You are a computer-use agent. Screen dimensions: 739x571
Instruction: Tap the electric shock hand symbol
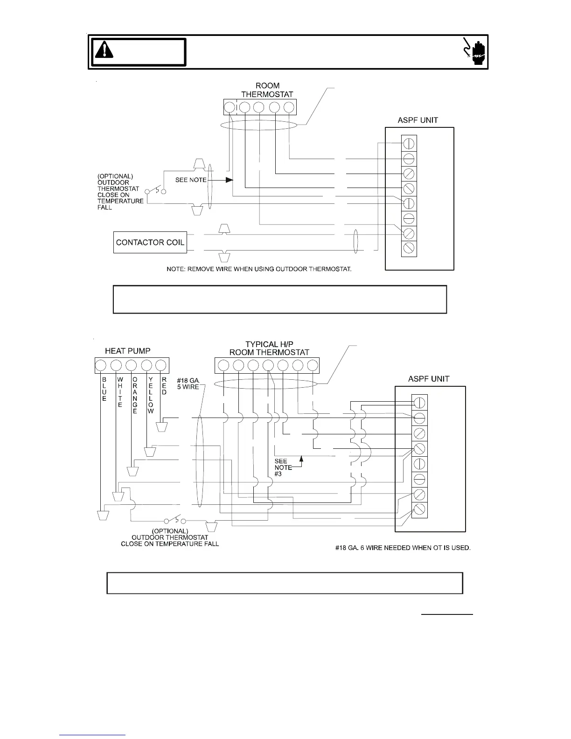coord(474,51)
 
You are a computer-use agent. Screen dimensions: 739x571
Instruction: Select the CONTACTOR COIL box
coord(150,242)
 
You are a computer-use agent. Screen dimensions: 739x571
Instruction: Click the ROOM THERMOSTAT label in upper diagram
coord(267,90)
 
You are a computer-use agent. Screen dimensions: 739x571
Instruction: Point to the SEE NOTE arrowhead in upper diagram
coord(229,180)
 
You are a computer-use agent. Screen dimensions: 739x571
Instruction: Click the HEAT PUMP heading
coord(127,351)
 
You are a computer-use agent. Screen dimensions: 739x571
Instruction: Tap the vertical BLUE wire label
coord(104,390)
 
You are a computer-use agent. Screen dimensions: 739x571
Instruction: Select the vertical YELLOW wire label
coord(150,396)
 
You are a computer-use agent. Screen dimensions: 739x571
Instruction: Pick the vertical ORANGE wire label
coord(135,396)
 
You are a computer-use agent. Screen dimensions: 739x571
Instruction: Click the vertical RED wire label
coord(164,386)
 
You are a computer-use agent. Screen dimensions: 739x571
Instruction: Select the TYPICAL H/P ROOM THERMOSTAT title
coord(269,349)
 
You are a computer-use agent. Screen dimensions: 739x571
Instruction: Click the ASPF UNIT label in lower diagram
coord(429,379)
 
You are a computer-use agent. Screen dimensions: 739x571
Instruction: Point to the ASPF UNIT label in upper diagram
coord(418,120)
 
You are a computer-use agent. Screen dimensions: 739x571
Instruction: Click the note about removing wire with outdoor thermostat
coord(265,269)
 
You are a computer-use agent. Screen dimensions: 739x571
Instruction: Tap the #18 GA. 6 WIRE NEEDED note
coord(403,548)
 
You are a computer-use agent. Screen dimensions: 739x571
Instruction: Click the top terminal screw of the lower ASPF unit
coord(419,402)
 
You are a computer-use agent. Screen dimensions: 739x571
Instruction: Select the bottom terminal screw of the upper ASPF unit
coord(409,248)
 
